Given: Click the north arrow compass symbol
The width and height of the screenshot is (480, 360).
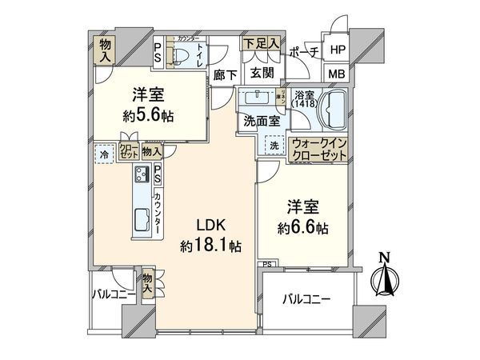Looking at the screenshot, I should pyautogui.click(x=384, y=276).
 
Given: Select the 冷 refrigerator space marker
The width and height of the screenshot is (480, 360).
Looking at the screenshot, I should pyautogui.click(x=104, y=153).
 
